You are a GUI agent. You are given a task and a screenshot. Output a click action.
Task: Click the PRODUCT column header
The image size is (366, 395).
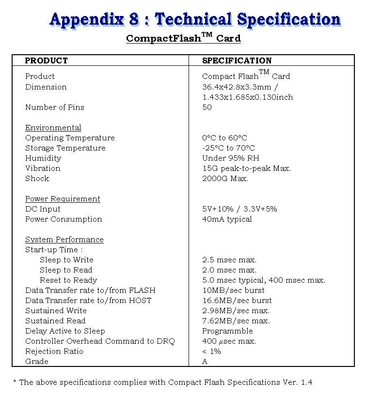pos(47,61)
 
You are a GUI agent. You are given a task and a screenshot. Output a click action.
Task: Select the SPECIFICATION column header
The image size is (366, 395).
pos(237,61)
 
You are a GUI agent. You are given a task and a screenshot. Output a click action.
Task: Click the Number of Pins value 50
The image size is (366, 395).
pos(207,107)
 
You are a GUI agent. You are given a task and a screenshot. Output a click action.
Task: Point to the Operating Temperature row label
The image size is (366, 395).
pos(70,138)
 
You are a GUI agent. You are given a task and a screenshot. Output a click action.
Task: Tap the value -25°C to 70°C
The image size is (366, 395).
pos(228,148)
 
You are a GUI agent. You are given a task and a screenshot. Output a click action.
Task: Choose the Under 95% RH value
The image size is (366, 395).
pos(230,158)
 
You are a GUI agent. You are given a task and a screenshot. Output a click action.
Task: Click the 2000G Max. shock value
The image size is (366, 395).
pos(225,179)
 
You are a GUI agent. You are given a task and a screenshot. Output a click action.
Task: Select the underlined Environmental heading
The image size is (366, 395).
pos(53,128)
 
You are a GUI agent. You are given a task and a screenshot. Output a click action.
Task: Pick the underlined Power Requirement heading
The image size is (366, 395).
pos(63,199)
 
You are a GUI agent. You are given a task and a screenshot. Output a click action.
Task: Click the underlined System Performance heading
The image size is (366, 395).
pos(64,240)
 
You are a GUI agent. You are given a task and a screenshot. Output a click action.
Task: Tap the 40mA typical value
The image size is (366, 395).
pos(227,219)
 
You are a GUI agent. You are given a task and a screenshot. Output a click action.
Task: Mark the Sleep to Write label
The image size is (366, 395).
pos(66,260)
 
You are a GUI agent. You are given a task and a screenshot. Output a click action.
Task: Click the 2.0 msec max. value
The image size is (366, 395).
pos(229,270)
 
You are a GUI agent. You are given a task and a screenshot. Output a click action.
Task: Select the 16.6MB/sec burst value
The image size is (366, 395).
pos(237,301)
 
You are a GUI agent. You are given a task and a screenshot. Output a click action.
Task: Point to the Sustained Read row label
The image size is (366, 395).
pos(55,321)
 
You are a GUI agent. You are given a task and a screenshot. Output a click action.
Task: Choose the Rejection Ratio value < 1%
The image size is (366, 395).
pos(211,351)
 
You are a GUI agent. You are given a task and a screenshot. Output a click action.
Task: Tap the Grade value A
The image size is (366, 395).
pos(205,362)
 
